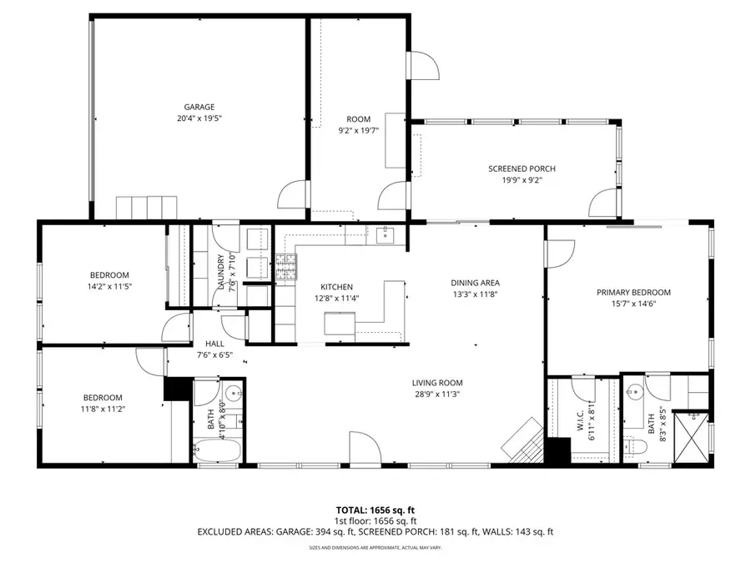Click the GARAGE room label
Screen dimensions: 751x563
click(199, 107)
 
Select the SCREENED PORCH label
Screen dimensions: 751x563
click(522, 168)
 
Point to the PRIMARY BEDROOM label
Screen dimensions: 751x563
click(633, 292)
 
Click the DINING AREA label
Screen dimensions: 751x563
click(476, 282)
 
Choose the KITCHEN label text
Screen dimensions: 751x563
click(333, 286)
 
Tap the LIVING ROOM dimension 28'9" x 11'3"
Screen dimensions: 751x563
click(437, 395)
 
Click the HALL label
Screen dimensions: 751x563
click(214, 343)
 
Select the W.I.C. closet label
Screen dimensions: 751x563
click(582, 423)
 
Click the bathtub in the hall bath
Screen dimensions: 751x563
click(217, 452)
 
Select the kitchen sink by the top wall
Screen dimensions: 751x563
click(384, 235)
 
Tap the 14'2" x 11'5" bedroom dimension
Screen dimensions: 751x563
click(109, 286)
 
